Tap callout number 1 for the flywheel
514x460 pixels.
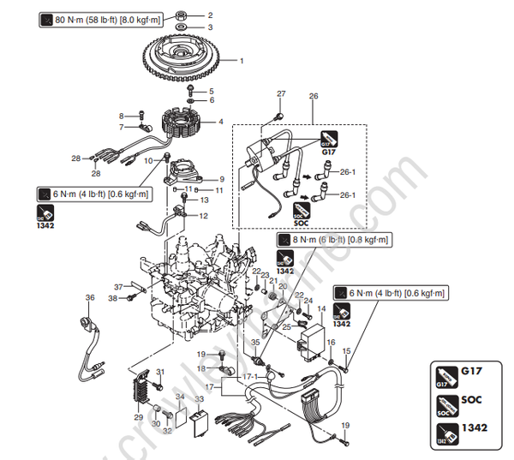point(241,61)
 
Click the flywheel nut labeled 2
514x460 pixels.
point(183,15)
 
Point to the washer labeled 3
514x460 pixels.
point(183,27)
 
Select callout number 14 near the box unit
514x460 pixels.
point(322,308)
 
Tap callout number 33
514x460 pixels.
point(199,398)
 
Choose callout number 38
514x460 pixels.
point(112,298)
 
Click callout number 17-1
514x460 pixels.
point(248,376)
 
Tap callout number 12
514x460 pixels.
point(204,216)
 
